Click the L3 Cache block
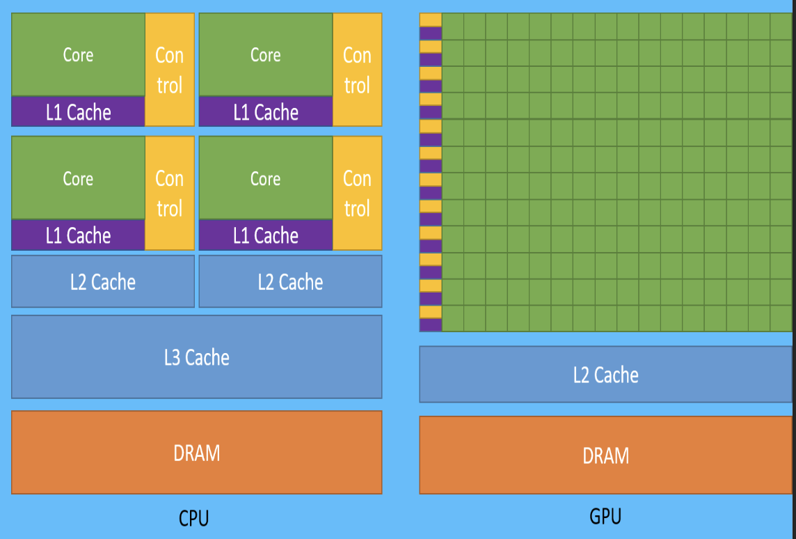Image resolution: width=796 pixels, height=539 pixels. pyautogui.click(x=196, y=357)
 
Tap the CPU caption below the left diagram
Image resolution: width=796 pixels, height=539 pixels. pyautogui.click(x=193, y=518)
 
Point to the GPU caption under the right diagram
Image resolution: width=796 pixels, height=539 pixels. pyautogui.click(x=605, y=516)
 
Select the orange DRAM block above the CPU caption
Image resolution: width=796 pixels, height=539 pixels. pyautogui.click(x=196, y=453)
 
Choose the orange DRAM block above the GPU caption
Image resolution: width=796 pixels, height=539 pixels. pyautogui.click(x=605, y=455)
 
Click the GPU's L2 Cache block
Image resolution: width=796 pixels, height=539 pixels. pyautogui.click(x=605, y=375)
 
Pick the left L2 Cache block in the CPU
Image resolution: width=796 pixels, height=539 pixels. pyautogui.click(x=103, y=281)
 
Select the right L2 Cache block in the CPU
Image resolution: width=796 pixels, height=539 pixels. pyautogui.click(x=290, y=281)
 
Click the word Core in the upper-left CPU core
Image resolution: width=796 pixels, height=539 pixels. pyautogui.click(x=78, y=55)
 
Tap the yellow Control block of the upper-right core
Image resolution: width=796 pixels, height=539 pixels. pyautogui.click(x=357, y=70)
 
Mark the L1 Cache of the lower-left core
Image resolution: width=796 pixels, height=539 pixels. pyautogui.click(x=78, y=235)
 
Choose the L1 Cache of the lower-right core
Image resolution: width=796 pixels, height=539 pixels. pyautogui.click(x=266, y=235)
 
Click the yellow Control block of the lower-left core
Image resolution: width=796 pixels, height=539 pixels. pyautogui.click(x=169, y=193)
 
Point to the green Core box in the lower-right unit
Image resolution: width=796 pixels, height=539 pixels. pyautogui.click(x=266, y=178)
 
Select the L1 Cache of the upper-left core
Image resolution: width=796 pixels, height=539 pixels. pyautogui.click(x=78, y=111)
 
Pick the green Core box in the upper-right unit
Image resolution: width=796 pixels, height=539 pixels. pyautogui.click(x=266, y=55)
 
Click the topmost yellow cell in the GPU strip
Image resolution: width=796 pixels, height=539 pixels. pyautogui.click(x=431, y=19)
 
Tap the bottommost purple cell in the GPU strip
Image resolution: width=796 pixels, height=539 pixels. pyautogui.click(x=431, y=325)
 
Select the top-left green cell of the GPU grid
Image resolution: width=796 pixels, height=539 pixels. pyautogui.click(x=453, y=26)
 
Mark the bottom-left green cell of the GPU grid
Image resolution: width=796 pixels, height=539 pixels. pyautogui.click(x=453, y=318)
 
